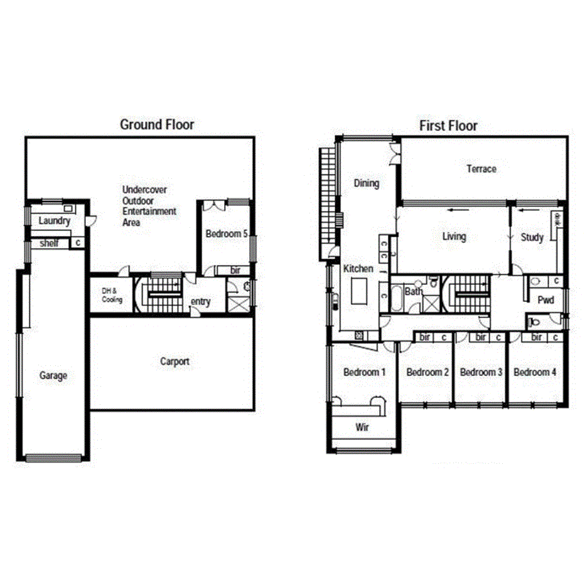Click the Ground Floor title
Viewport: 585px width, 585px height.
(x=157, y=124)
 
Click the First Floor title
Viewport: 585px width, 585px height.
(x=448, y=126)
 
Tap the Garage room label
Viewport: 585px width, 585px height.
(x=53, y=375)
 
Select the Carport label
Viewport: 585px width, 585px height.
(x=174, y=362)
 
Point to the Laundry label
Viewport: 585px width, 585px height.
(x=54, y=221)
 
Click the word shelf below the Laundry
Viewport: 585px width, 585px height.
(x=49, y=243)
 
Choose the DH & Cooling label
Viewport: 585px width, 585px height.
(x=112, y=295)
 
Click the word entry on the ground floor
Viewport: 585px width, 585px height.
(x=201, y=302)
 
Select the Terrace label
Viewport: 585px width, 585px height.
(x=481, y=168)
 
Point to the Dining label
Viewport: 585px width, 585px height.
(x=367, y=183)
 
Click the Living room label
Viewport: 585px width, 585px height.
(x=454, y=237)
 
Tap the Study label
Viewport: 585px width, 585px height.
(x=532, y=237)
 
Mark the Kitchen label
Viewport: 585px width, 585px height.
(x=358, y=269)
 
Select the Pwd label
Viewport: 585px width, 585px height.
(x=546, y=300)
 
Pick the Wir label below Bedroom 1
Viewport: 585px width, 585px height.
(x=362, y=427)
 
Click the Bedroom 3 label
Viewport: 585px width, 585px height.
(x=481, y=372)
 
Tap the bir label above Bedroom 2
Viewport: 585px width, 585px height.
(x=425, y=338)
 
